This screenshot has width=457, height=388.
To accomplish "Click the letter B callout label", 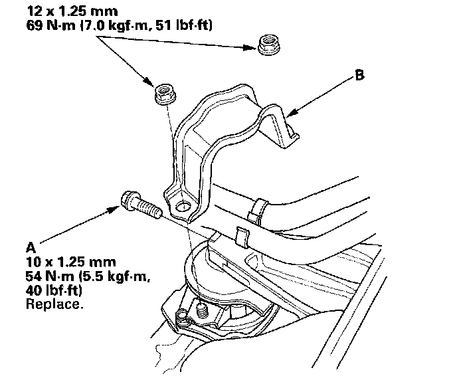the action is pyautogui.click(x=359, y=76).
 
